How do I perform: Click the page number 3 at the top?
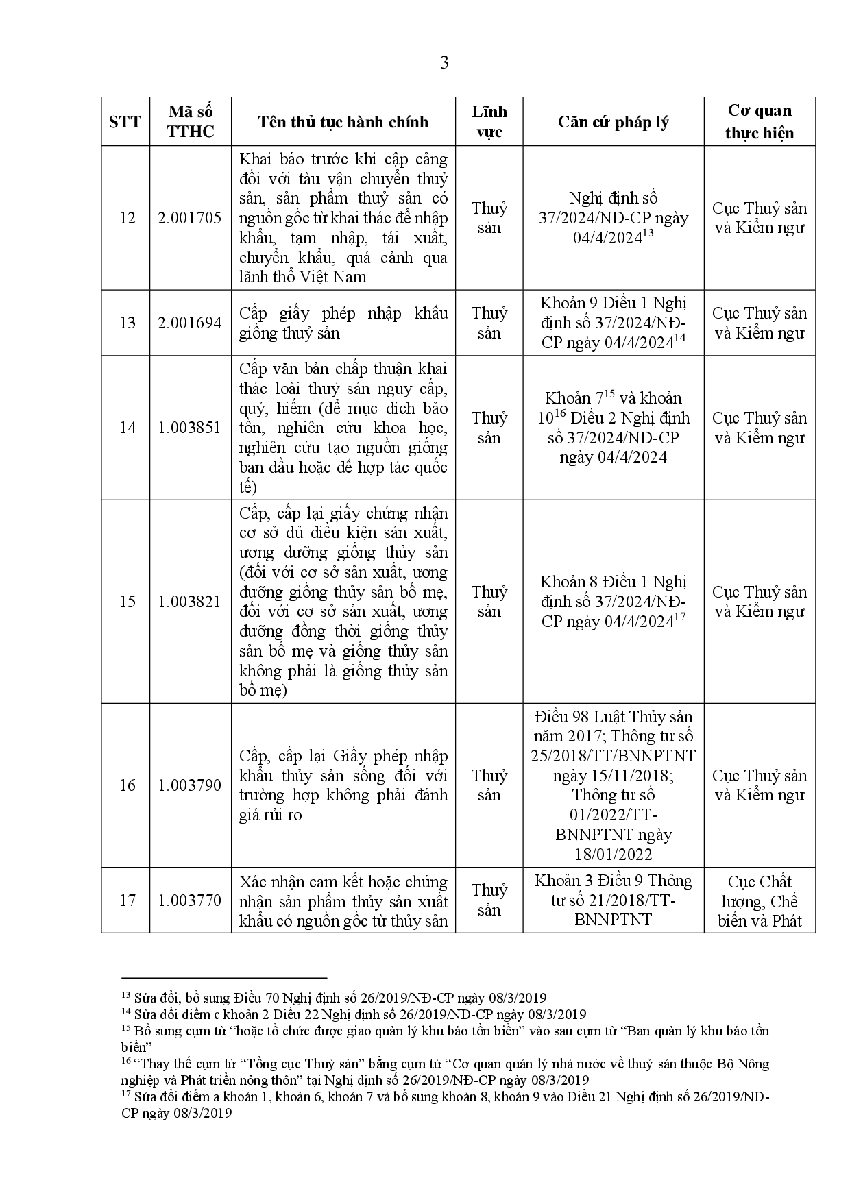(x=444, y=63)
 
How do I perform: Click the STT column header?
(x=125, y=122)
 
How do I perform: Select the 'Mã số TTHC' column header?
(x=191, y=121)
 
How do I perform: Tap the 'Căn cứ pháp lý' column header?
(x=613, y=122)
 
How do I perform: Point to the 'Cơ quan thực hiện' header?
(x=760, y=121)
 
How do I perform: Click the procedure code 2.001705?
(x=190, y=218)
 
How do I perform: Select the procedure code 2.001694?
(x=190, y=323)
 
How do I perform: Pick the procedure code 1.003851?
(x=190, y=428)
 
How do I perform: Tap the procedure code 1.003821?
(x=190, y=602)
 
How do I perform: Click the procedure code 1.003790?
(x=190, y=785)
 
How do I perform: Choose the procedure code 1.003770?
(x=190, y=900)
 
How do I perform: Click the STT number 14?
(x=127, y=428)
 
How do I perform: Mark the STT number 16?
(x=127, y=785)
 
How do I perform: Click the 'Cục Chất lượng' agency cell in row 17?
(x=760, y=900)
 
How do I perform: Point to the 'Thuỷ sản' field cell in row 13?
(x=489, y=323)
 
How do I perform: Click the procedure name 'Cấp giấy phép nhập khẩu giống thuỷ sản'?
(x=343, y=323)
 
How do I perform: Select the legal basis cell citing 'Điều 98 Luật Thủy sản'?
(x=613, y=785)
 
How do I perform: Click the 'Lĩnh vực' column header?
(x=489, y=121)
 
